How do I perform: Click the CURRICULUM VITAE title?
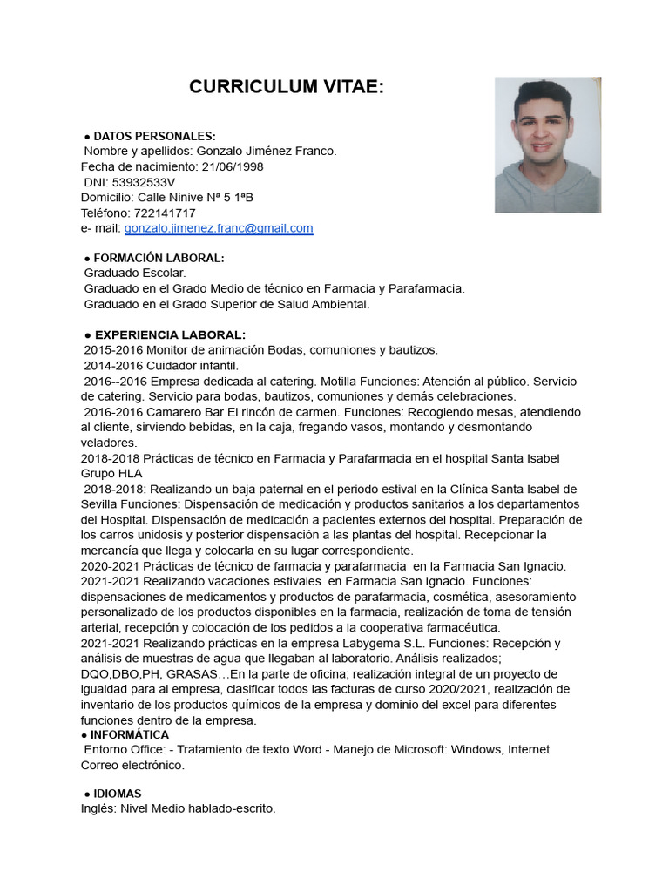(x=287, y=87)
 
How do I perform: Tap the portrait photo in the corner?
(x=548, y=145)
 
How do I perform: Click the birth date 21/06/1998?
(x=229, y=166)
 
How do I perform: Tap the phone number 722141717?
(x=164, y=213)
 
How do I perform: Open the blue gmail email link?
(x=219, y=228)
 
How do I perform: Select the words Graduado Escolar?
(x=135, y=274)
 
